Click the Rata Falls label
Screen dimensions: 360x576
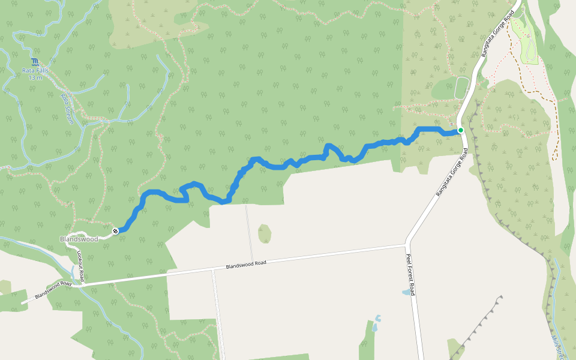[35, 70]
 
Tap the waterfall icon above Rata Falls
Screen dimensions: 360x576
[35, 62]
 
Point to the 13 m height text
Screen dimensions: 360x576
[35, 77]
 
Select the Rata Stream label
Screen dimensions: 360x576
[67, 108]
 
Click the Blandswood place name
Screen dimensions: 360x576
[79, 239]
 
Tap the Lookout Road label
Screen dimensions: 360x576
[80, 265]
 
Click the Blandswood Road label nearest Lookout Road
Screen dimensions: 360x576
[53, 289]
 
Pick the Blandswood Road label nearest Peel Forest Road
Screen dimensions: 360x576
[246, 264]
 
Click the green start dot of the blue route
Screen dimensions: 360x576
[460, 130]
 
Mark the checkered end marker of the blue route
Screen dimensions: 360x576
[115, 230]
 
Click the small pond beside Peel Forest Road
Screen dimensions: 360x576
[407, 293]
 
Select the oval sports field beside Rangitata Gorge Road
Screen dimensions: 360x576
[461, 88]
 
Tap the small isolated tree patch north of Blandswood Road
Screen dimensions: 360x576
[265, 233]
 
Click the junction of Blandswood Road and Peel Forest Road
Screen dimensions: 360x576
[407, 244]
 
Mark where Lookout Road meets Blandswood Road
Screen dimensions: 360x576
[84, 283]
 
